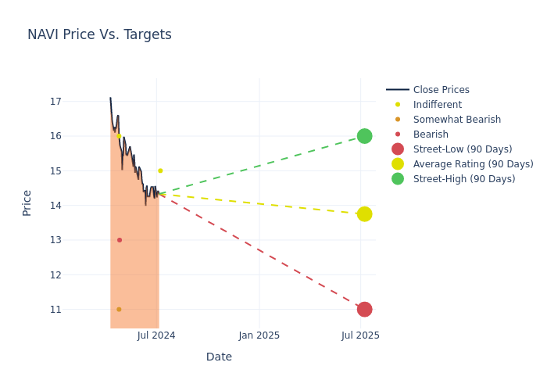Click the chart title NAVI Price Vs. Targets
pos(99,35)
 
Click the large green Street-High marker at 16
pos(364,136)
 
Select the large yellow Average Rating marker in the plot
pos(364,213)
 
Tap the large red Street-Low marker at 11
pos(364,309)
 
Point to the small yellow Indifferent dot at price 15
pos(160,170)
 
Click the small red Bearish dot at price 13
pos(120,240)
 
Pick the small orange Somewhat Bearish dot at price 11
pos(119,309)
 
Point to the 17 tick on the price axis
pos(55,102)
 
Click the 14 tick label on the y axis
pos(55,206)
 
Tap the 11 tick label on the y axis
pos(55,310)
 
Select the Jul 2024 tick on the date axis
pos(156,335)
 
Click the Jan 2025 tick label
pos(259,335)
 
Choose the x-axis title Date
pos(219,357)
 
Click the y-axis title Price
pos(27,203)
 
